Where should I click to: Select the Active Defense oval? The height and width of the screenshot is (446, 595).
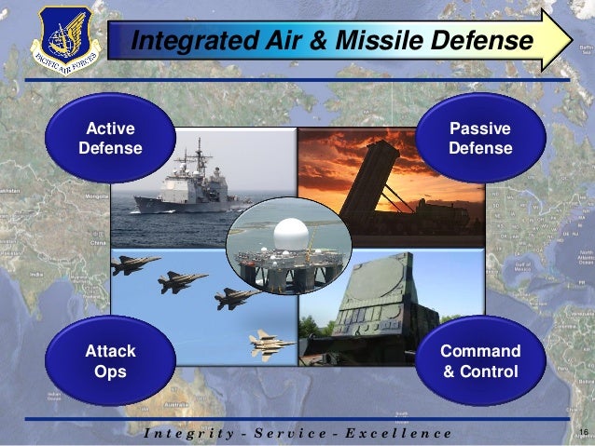[111, 139]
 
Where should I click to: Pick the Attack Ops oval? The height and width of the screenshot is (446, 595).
[111, 361]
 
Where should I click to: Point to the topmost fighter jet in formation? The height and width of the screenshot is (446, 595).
[134, 265]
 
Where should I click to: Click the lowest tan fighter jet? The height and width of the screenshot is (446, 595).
[272, 345]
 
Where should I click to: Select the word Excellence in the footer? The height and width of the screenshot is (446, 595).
[394, 433]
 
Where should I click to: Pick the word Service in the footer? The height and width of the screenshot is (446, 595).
[284, 433]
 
